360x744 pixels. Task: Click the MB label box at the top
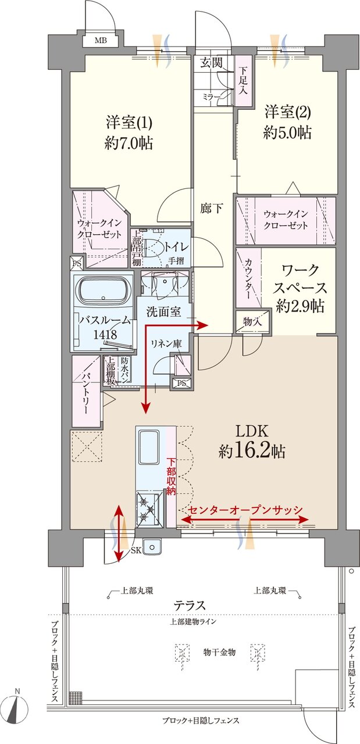[x=101, y=41]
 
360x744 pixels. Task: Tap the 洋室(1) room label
[x=129, y=123]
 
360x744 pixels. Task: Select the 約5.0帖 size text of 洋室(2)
[x=287, y=133]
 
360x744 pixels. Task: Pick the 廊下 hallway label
[x=212, y=209]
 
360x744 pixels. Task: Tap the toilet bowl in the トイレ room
[x=152, y=249]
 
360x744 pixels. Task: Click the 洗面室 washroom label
[x=163, y=312]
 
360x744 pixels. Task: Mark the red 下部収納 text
[x=170, y=477]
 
